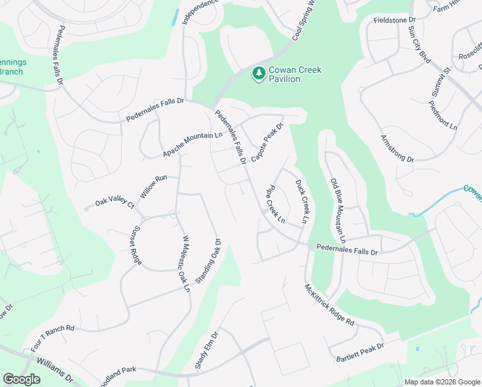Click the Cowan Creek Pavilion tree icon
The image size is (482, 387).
pyautogui.click(x=258, y=74)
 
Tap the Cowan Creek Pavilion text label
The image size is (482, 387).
pyautogui.click(x=294, y=74)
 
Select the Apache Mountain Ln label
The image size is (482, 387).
pyautogui.click(x=192, y=144)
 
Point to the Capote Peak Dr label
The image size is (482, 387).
pyautogui.click(x=267, y=143)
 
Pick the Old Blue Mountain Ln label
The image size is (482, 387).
pyautogui.click(x=338, y=208)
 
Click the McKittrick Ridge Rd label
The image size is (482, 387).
pyautogui.click(x=329, y=304)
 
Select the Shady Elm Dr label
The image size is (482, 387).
pyautogui.click(x=207, y=351)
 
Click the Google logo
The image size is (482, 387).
pyautogui.click(x=22, y=379)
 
